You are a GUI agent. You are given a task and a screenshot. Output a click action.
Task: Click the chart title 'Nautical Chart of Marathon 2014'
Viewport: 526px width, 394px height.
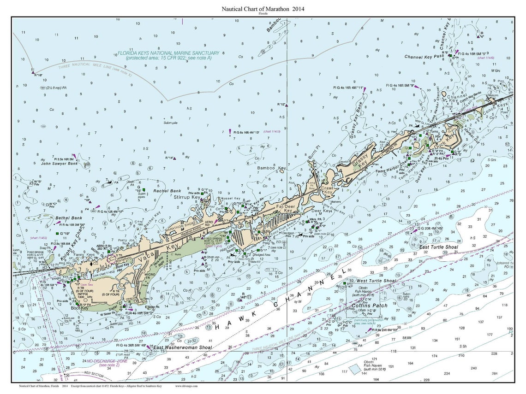263,8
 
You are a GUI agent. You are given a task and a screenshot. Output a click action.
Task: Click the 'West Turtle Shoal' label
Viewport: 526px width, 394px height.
376,281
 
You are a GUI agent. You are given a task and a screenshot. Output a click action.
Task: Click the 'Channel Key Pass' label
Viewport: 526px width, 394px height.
423,57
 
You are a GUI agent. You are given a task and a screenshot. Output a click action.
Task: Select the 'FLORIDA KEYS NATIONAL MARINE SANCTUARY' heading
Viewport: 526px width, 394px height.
168,53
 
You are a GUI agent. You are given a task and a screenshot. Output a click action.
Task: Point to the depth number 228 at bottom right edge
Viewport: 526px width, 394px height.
494,353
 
